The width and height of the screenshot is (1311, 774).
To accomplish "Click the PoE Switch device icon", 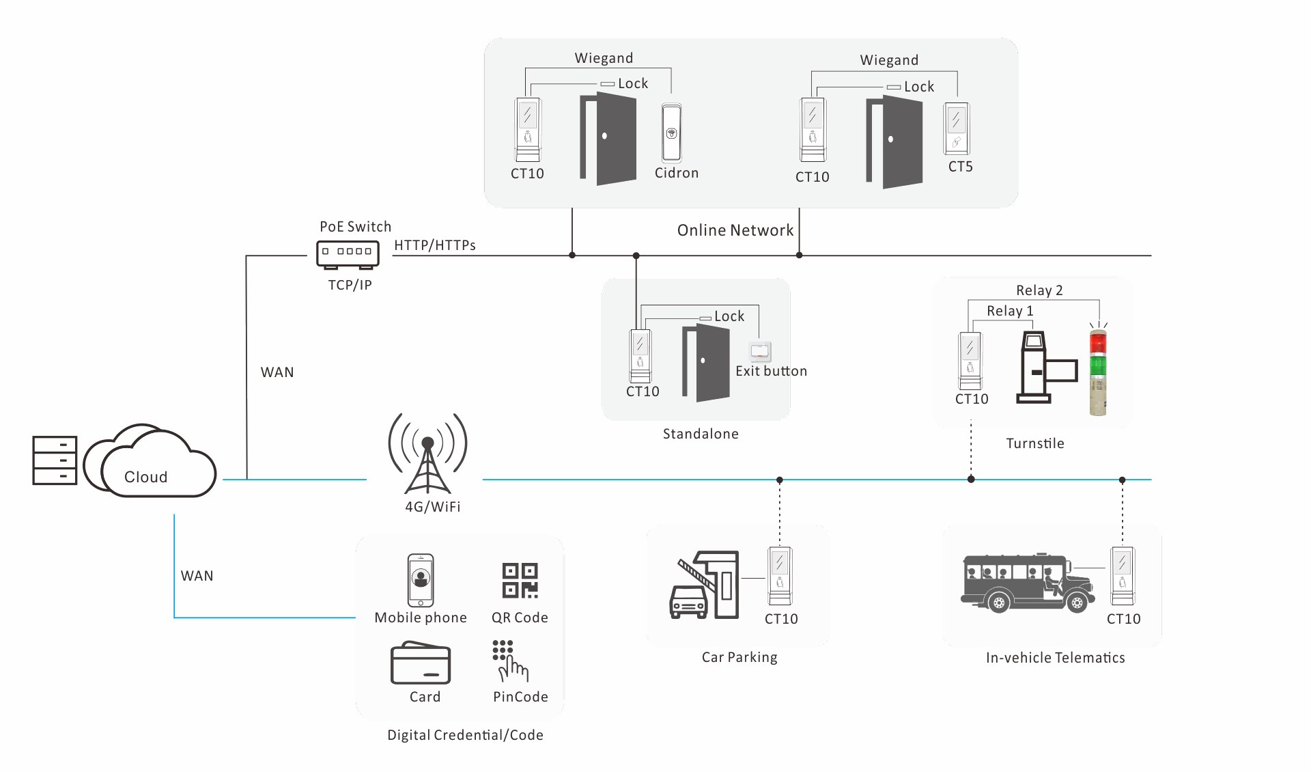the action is pos(348,255).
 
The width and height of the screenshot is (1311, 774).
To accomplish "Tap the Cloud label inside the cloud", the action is pos(145,477).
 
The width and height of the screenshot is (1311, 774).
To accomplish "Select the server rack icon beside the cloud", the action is pos(55,460).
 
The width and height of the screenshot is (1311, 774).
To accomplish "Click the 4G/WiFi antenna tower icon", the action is pos(428,454).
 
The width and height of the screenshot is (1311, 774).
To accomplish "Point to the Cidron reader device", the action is pos(671,133).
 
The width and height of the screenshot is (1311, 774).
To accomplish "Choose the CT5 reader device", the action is pos(957,128).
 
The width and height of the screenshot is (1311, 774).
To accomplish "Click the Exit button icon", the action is pos(760,352).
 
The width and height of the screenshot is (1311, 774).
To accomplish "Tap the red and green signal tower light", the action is pos(1098,372).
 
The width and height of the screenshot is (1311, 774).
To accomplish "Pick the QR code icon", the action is pos(520,581).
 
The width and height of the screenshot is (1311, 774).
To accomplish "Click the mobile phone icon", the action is pos(421,580).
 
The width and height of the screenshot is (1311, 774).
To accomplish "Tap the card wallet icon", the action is pos(421,663).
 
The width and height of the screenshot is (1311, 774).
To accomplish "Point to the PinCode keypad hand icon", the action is pos(510,661).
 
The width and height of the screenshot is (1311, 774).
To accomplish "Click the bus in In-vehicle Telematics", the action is pos(1028,583).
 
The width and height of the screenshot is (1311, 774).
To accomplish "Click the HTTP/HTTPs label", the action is pos(435,245).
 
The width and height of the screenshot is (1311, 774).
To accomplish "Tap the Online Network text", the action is pos(735,230).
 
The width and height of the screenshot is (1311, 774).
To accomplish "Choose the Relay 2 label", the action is pos(1039,290).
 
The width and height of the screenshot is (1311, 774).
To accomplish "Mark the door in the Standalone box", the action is pos(706,363).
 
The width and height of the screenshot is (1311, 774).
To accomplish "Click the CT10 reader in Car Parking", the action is pos(780,576).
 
